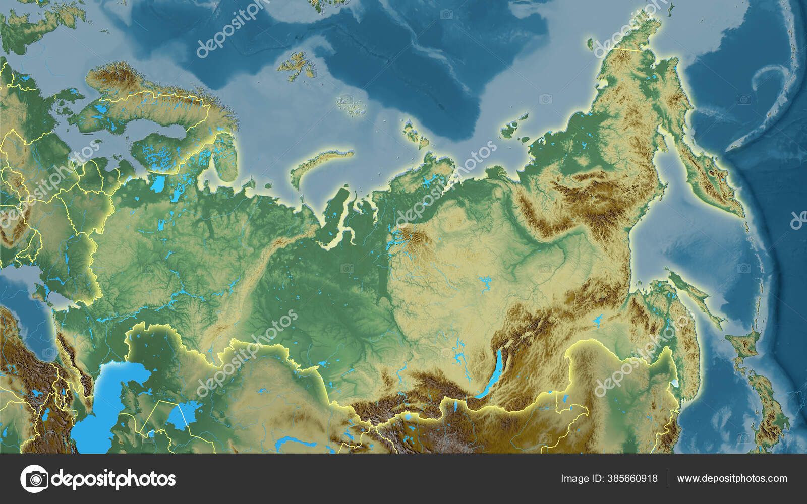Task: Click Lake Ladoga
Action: click(x=158, y=184)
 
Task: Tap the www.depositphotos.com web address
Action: click(x=732, y=478)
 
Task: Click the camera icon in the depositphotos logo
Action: click(x=34, y=478)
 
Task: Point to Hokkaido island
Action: click(x=746, y=348)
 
